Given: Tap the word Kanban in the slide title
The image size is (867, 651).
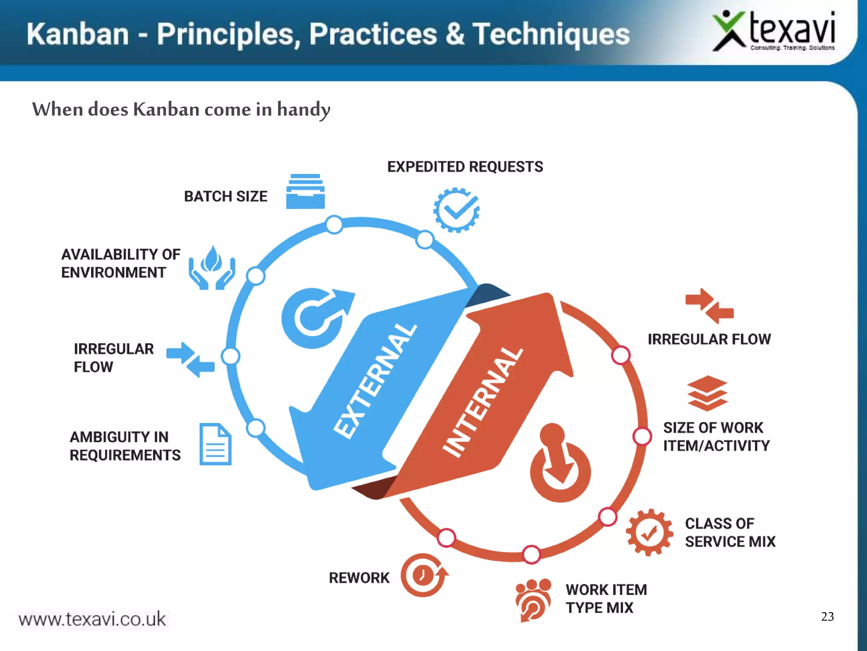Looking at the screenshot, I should [x=77, y=34].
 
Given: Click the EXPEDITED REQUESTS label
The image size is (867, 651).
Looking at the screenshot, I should [x=465, y=167].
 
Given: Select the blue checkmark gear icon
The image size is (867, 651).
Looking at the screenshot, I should [x=456, y=210].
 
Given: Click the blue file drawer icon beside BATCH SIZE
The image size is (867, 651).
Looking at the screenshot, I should [x=305, y=192].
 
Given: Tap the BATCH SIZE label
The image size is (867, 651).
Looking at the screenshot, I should [x=226, y=197].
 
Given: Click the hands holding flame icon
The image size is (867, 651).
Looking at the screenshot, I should [x=211, y=268].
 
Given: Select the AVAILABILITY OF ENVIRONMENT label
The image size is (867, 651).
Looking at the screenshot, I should [x=121, y=263].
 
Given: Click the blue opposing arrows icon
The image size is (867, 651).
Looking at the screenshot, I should [x=191, y=359].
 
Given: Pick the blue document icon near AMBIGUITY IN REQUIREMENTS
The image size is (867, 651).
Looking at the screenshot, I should [x=215, y=444].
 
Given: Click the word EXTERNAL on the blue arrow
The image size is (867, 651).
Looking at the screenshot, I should [x=374, y=380].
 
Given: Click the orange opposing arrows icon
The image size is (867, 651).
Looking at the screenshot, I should [x=709, y=306].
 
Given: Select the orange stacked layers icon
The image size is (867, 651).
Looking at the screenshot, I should [x=707, y=393].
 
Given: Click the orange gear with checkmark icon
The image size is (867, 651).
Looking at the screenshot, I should [x=649, y=532].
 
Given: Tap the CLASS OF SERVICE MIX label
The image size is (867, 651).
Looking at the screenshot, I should [x=730, y=532].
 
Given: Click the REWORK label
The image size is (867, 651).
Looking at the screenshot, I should [x=359, y=578].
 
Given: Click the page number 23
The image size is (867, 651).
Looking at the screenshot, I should [x=827, y=616].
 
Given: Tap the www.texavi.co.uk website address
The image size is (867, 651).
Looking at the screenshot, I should [x=92, y=619].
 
